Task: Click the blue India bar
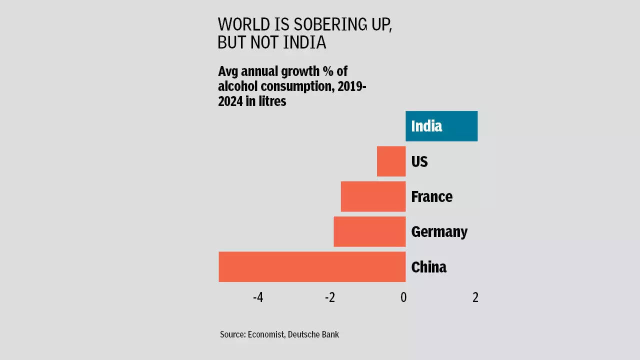click(x=441, y=126)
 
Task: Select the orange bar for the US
click(x=391, y=161)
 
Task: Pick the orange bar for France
click(x=373, y=196)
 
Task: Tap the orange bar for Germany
click(x=369, y=231)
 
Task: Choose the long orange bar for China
click(x=312, y=266)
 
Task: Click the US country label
click(x=419, y=161)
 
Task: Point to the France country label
click(x=431, y=196)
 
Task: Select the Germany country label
click(x=439, y=231)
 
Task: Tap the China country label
click(x=428, y=267)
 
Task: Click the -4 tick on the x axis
click(x=258, y=297)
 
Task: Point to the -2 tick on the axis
click(x=330, y=297)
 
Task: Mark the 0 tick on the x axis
click(x=403, y=297)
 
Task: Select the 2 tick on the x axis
click(x=475, y=297)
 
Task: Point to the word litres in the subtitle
click(x=270, y=101)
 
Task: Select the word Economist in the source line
click(x=266, y=334)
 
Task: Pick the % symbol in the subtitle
click(x=328, y=71)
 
